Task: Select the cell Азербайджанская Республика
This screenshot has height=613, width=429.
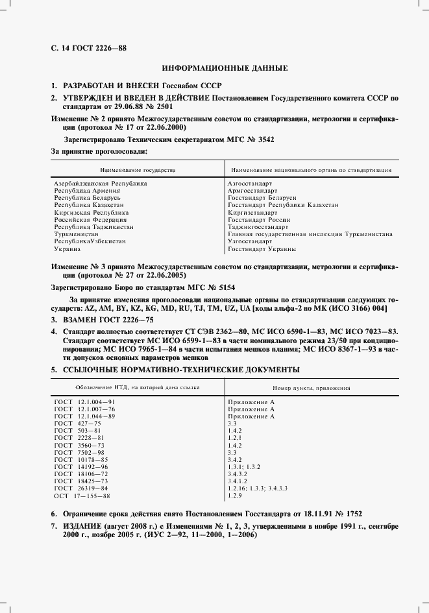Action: pyautogui.click(x=100, y=184)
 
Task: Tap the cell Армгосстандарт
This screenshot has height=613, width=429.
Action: pyautogui.click(x=252, y=191)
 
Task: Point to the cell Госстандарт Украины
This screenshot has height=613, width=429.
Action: pyautogui.click(x=262, y=249)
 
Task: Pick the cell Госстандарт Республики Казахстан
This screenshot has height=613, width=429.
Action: pyautogui.click(x=283, y=205)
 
